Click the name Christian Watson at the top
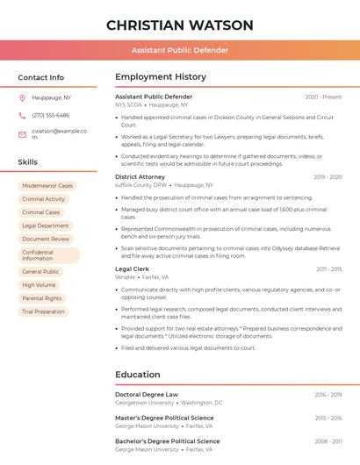tap(179, 25)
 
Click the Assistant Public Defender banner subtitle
tap(179, 50)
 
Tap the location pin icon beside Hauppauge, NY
tap(22, 97)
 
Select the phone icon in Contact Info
tap(22, 115)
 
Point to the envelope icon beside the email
tap(22, 132)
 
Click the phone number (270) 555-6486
tap(50, 115)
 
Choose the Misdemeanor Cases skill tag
tap(47, 186)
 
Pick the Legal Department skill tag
tap(45, 225)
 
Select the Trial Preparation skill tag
tap(43, 311)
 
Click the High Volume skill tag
tap(39, 285)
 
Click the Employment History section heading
tap(161, 77)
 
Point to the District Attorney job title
tap(140, 176)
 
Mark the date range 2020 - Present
tap(323, 97)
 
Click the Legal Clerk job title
tap(133, 268)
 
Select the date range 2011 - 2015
tap(328, 268)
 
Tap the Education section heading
tap(138, 375)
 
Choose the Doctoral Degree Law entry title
tap(147, 395)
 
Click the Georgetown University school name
tap(144, 403)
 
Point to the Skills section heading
tap(28, 162)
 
